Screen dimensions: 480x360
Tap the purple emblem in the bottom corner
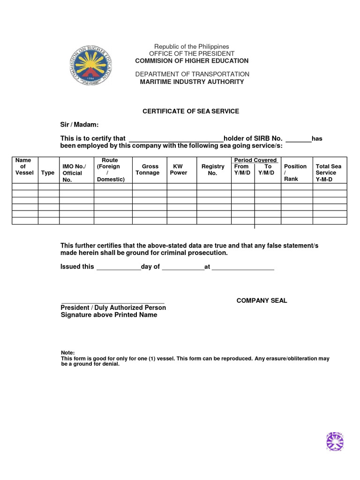335,442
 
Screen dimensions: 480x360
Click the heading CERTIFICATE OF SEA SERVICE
191,111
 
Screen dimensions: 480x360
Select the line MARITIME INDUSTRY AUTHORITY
192,82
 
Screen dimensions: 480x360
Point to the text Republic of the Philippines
192,46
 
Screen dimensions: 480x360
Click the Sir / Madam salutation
80,124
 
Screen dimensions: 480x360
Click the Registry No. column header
213,170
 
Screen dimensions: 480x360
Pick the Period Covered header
255,160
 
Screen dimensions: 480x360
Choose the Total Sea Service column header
329,173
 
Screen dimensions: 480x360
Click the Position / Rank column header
295,172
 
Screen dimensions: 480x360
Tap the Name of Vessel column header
24,166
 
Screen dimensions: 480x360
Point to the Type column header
48,173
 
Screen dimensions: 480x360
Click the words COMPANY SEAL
262,300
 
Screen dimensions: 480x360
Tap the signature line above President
112,302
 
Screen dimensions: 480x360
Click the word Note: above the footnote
68,352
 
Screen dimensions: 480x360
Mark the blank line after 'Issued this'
118,269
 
